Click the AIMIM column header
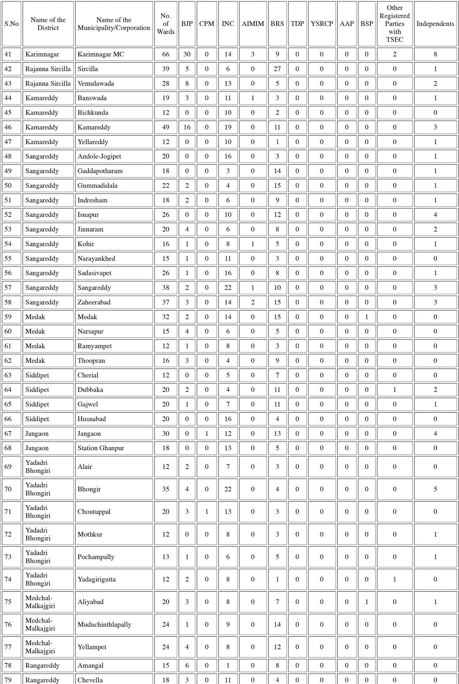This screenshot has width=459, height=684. point(253,24)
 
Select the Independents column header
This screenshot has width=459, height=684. point(435,24)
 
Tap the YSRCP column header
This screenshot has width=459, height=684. point(322,24)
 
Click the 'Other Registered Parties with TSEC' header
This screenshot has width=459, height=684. point(395,24)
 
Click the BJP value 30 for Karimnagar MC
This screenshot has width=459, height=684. point(187,54)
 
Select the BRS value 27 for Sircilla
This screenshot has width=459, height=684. point(277,69)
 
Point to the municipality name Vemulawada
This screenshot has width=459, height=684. point(96,83)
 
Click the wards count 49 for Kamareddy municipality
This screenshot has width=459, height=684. point(166,127)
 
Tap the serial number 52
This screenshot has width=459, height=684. point(8,215)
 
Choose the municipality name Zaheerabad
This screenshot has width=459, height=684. point(94,302)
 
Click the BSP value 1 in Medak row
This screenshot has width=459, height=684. point(366,317)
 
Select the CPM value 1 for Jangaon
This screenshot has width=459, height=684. point(206,434)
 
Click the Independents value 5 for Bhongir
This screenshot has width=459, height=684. point(435,489)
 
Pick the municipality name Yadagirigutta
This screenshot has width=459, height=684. point(97,579)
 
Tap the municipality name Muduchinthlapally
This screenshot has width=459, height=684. point(104,625)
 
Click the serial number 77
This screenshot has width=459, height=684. point(8,647)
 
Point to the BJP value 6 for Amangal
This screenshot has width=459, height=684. point(187,666)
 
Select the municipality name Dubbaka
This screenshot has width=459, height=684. point(90,390)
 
